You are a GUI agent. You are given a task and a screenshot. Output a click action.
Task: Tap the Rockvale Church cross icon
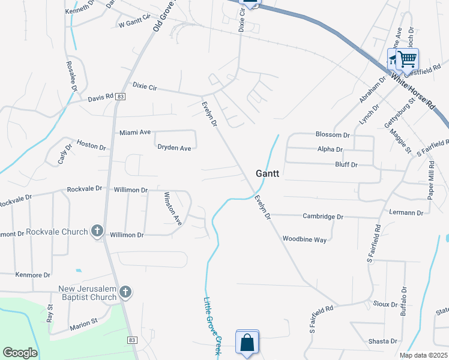click(x=98, y=231)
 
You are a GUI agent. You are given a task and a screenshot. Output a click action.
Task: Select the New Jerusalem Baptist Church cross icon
click(x=125, y=292)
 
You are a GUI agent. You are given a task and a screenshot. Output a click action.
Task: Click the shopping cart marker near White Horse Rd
click(x=408, y=59)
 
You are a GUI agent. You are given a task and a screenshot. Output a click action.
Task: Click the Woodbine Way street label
click(x=304, y=239)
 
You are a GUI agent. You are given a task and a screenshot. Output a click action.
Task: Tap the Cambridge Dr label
click(x=323, y=216)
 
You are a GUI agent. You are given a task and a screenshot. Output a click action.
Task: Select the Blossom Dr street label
click(x=333, y=135)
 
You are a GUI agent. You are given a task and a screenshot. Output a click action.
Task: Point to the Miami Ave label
click(x=135, y=132)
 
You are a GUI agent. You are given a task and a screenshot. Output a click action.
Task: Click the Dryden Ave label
click(x=174, y=148)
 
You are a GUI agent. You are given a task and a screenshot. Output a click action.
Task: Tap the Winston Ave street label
click(x=172, y=208)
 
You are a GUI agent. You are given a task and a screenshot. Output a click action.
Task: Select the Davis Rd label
click(x=100, y=97)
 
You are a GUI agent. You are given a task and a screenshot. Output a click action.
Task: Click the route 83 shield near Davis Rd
click(x=121, y=96)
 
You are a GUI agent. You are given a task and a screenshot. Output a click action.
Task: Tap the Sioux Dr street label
click(x=385, y=304)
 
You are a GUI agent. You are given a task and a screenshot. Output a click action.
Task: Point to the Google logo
click(x=20, y=353)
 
